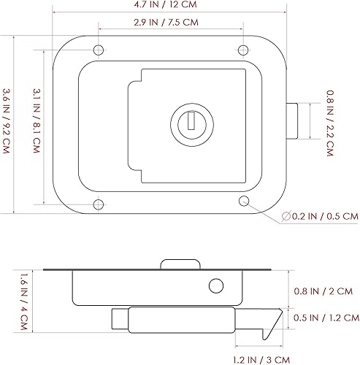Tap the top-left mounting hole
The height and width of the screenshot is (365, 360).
click(97, 50)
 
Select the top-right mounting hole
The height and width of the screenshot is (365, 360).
click(243, 50)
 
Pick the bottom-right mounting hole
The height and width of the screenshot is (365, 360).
click(243, 200)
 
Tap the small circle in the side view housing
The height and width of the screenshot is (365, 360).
click(215, 285)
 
